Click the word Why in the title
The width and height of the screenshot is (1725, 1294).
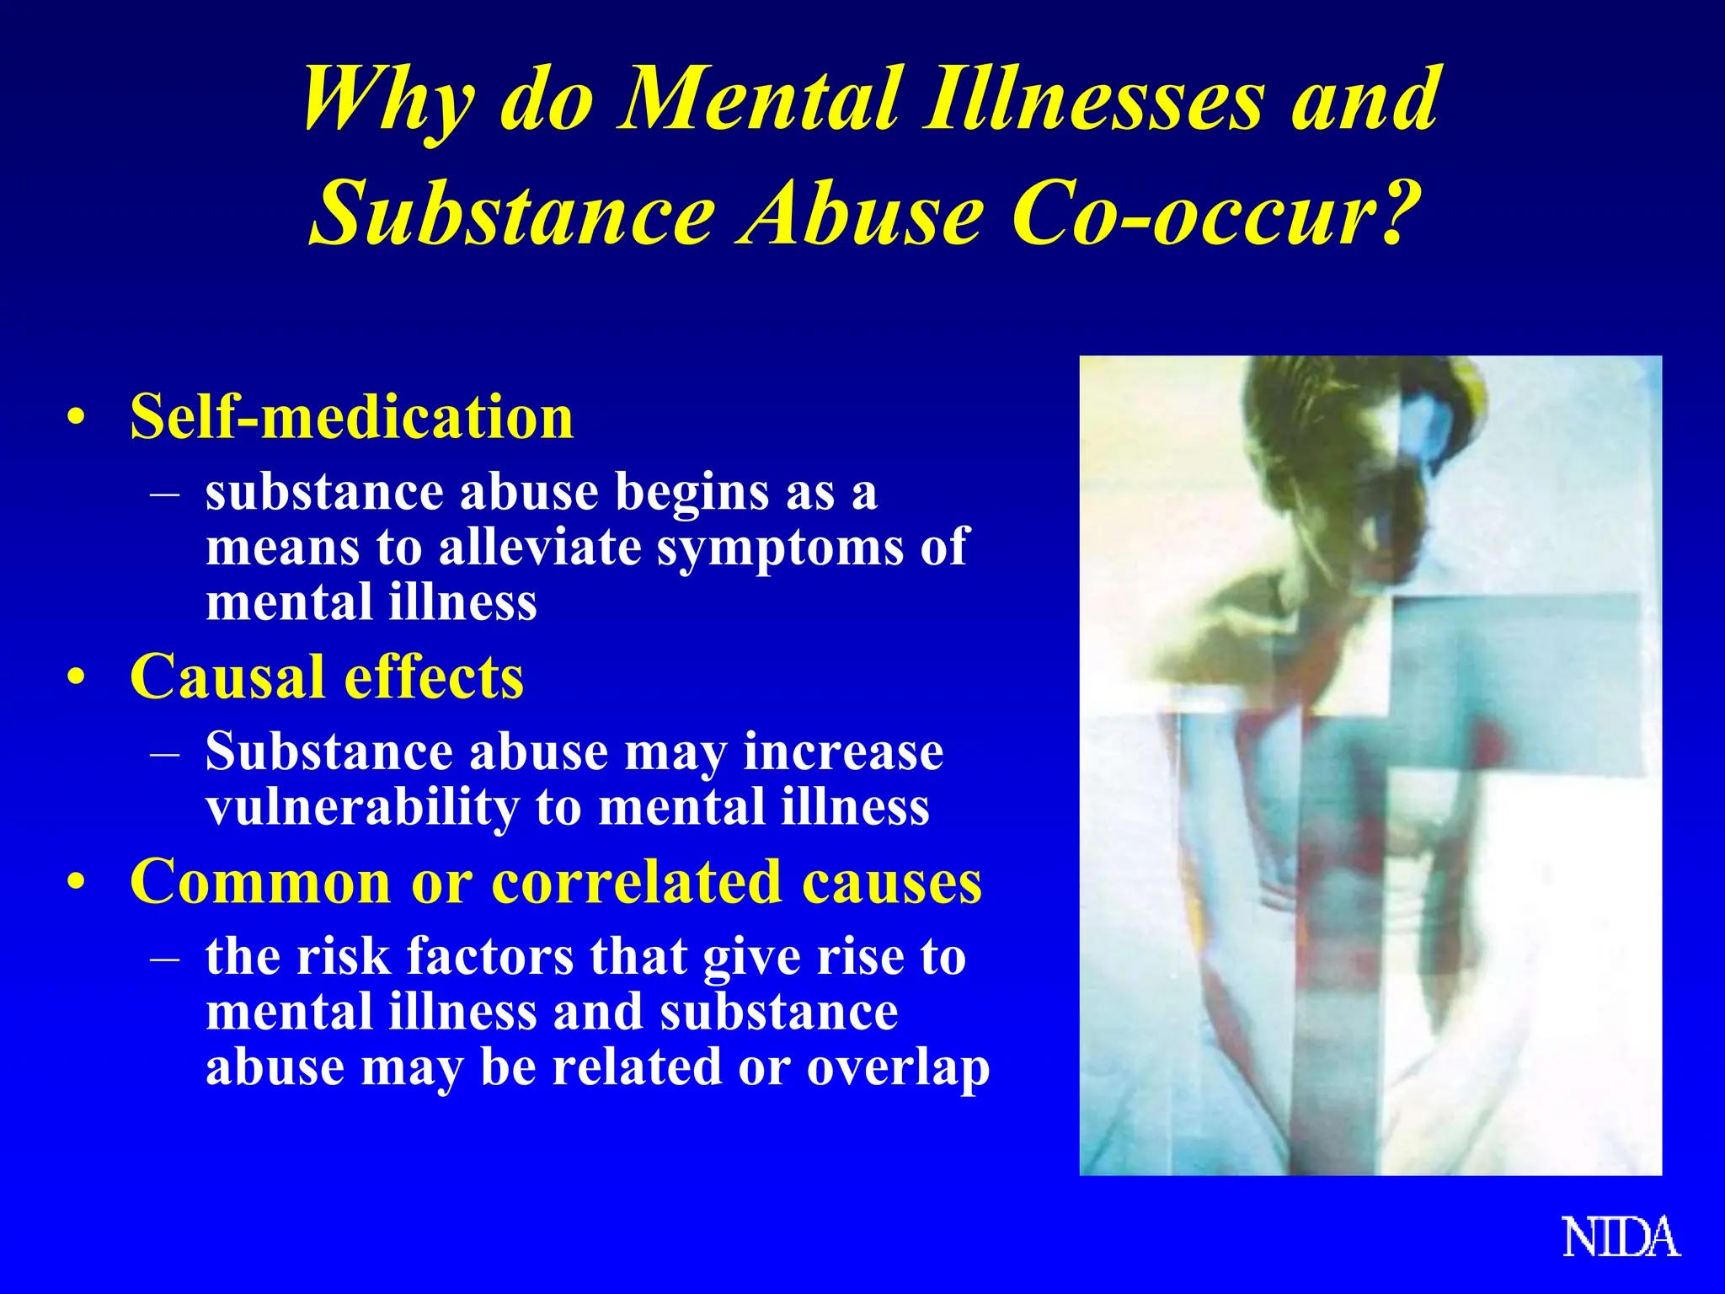388,101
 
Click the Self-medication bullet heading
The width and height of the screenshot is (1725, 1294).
351,417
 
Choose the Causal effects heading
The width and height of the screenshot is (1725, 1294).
327,676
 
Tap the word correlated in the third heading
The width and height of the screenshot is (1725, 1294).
637,882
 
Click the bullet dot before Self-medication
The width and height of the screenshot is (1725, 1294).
77,418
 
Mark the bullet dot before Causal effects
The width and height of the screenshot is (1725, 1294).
77,677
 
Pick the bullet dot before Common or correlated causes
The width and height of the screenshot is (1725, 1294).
77,883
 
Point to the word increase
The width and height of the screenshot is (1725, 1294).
843,751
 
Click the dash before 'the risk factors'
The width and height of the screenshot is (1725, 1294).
165,957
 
